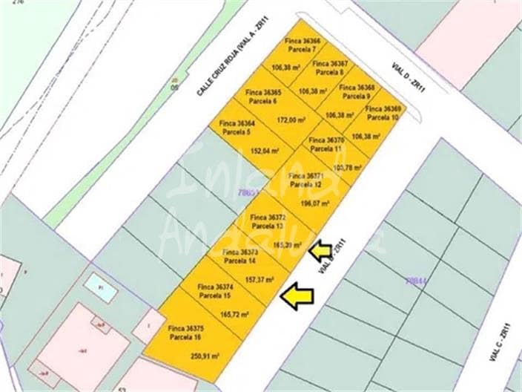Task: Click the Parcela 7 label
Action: click(303, 49)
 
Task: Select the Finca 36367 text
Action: click(330, 65)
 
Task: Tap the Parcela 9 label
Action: click(357, 96)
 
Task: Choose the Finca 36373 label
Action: click(240, 252)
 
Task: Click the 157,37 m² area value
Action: click(260, 280)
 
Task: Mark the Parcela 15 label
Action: click(215, 295)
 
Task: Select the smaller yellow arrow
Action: click(320, 251)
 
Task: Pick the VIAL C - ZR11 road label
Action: click(498, 342)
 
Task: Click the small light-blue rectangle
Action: click(100, 287)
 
